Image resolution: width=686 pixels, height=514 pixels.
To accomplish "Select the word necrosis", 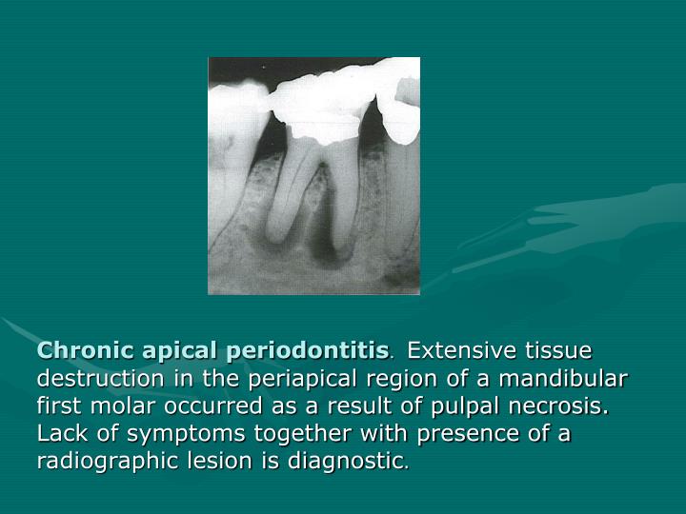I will coord(564,406).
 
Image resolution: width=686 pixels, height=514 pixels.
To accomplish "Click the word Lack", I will coord(61,434).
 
